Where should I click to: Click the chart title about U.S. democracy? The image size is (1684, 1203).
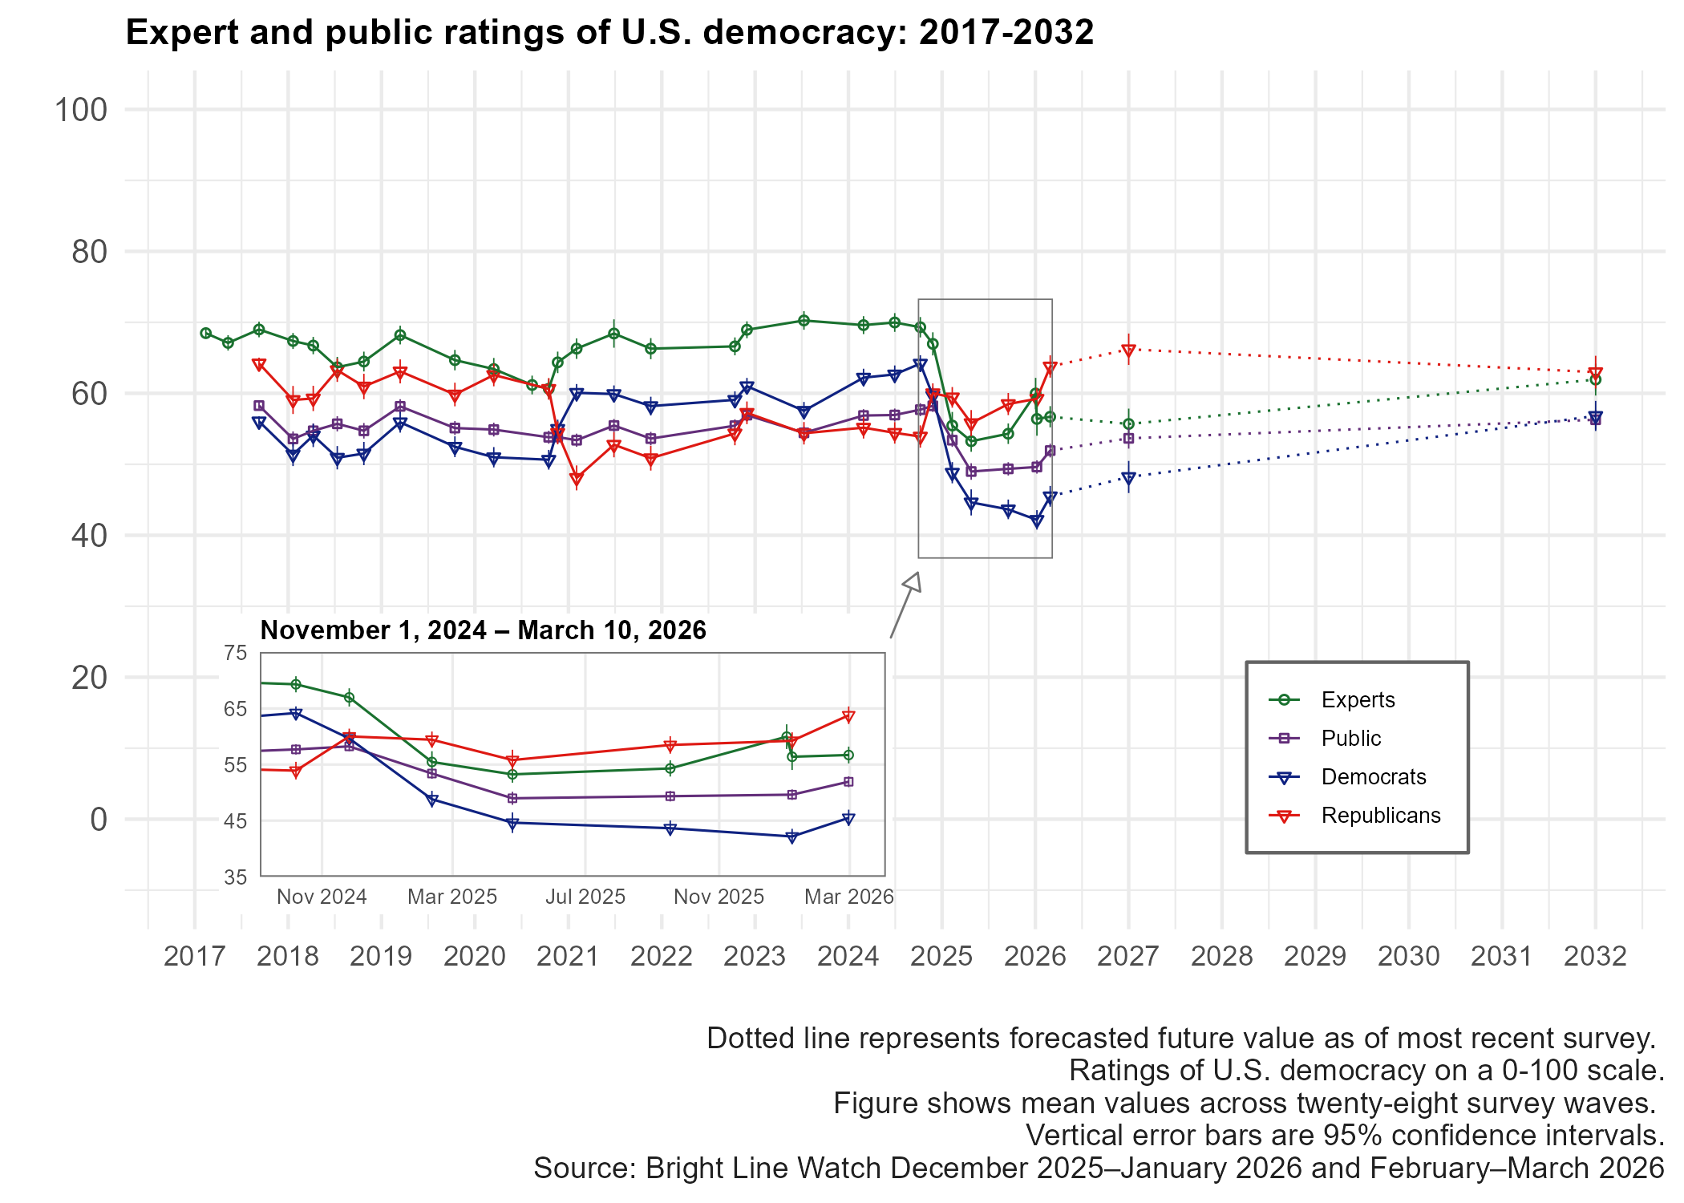pyautogui.click(x=609, y=33)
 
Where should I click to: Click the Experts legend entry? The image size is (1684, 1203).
pyautogui.click(x=1358, y=700)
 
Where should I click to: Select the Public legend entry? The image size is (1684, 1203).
pyautogui.click(x=1350, y=739)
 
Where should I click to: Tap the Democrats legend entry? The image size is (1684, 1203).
pyautogui.click(x=1373, y=777)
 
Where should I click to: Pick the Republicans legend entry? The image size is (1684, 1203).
pyautogui.click(x=1380, y=816)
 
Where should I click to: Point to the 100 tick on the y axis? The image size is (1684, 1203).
pyautogui.click(x=80, y=110)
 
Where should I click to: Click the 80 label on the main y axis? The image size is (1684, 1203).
pyautogui.click(x=89, y=252)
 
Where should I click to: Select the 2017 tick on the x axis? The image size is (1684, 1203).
pyautogui.click(x=194, y=956)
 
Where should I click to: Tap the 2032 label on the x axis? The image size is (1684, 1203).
pyautogui.click(x=1595, y=956)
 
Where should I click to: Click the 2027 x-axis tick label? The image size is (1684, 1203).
pyautogui.click(x=1128, y=956)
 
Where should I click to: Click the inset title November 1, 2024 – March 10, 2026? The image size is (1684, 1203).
pyautogui.click(x=483, y=630)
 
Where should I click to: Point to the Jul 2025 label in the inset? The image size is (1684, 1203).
pyautogui.click(x=585, y=897)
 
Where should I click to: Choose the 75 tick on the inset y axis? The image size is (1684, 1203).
pyautogui.click(x=236, y=653)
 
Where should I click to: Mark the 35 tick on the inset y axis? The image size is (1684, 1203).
pyautogui.click(x=236, y=877)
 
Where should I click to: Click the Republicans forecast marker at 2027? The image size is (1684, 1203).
pyautogui.click(x=1128, y=350)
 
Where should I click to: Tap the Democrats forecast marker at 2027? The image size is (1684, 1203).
pyautogui.click(x=1128, y=479)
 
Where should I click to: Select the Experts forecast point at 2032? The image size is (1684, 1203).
pyautogui.click(x=1595, y=379)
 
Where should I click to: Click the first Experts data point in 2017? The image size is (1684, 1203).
pyautogui.click(x=206, y=333)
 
